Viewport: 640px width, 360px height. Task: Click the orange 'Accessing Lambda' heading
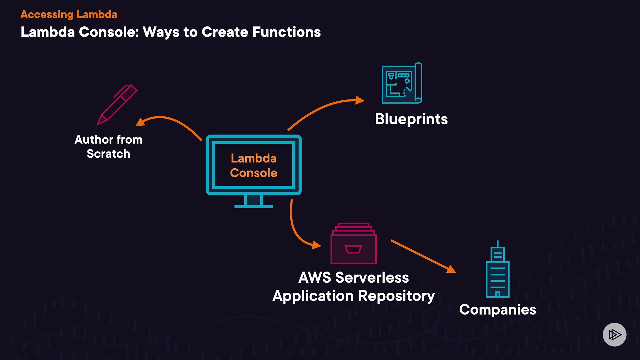coord(69,15)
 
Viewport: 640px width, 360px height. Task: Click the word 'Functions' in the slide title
coord(286,32)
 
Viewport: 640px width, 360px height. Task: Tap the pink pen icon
coord(117,105)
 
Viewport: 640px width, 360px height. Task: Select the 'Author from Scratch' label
coord(108,147)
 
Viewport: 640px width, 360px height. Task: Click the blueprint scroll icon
coord(402,83)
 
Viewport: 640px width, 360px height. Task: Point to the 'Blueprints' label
coord(411,119)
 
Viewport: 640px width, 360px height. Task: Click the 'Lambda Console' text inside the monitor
coord(254,166)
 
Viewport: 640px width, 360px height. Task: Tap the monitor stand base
coord(254,206)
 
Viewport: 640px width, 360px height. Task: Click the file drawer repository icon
coord(353,244)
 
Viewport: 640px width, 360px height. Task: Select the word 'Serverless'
coord(372,278)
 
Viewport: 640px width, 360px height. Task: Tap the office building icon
coord(497,270)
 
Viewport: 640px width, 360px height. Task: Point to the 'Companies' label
coord(497,310)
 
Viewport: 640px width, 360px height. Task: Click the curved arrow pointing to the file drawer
coord(297,233)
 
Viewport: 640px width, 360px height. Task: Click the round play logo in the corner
coord(614,334)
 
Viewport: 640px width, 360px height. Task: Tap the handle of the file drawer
coord(353,249)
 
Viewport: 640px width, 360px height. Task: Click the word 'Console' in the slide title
coord(109,32)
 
